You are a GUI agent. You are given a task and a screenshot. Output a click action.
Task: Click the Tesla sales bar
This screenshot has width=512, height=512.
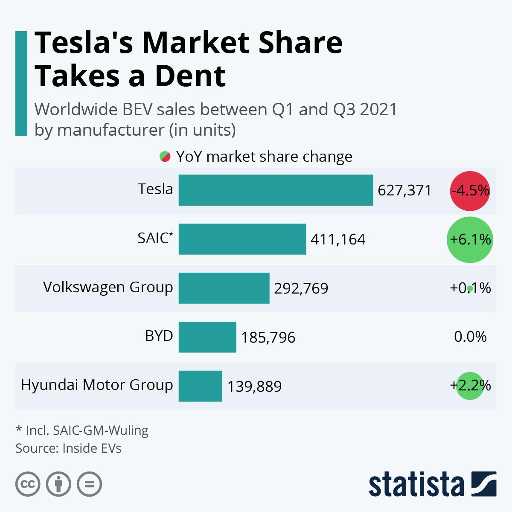(x=276, y=190)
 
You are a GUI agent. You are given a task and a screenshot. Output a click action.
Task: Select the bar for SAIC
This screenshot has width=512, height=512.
(x=242, y=239)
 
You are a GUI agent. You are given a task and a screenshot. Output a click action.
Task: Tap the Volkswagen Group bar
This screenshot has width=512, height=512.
(x=224, y=288)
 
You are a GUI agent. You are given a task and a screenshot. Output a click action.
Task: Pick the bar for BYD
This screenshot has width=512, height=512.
(x=207, y=337)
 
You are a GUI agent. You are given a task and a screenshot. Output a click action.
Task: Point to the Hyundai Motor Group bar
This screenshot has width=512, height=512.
(x=200, y=386)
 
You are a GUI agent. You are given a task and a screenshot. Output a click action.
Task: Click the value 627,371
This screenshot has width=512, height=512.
(x=404, y=190)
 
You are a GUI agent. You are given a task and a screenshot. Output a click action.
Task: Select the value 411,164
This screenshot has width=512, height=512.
(x=338, y=239)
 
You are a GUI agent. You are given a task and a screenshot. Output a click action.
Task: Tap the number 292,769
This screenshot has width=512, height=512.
(x=301, y=288)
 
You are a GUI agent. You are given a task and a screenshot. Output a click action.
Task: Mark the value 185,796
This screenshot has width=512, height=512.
(x=268, y=337)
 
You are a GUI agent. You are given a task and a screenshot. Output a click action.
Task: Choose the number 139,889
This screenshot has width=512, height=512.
(x=254, y=387)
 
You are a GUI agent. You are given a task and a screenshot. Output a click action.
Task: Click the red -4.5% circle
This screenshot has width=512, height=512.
(x=470, y=191)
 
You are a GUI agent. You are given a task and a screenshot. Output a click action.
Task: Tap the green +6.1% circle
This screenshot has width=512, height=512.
(x=470, y=239)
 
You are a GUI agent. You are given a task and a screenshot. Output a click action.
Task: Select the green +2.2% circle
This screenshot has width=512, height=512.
(x=470, y=386)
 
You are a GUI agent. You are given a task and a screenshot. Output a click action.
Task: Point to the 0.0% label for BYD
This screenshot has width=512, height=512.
(x=470, y=337)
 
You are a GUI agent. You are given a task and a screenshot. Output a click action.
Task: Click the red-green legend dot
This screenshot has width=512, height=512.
(x=165, y=157)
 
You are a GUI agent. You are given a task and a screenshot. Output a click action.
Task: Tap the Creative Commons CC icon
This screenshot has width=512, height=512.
(x=28, y=484)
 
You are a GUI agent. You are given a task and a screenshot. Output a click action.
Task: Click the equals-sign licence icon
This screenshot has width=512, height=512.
(x=89, y=484)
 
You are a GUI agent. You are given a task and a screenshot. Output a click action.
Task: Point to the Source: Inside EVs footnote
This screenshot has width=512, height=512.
(x=68, y=448)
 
